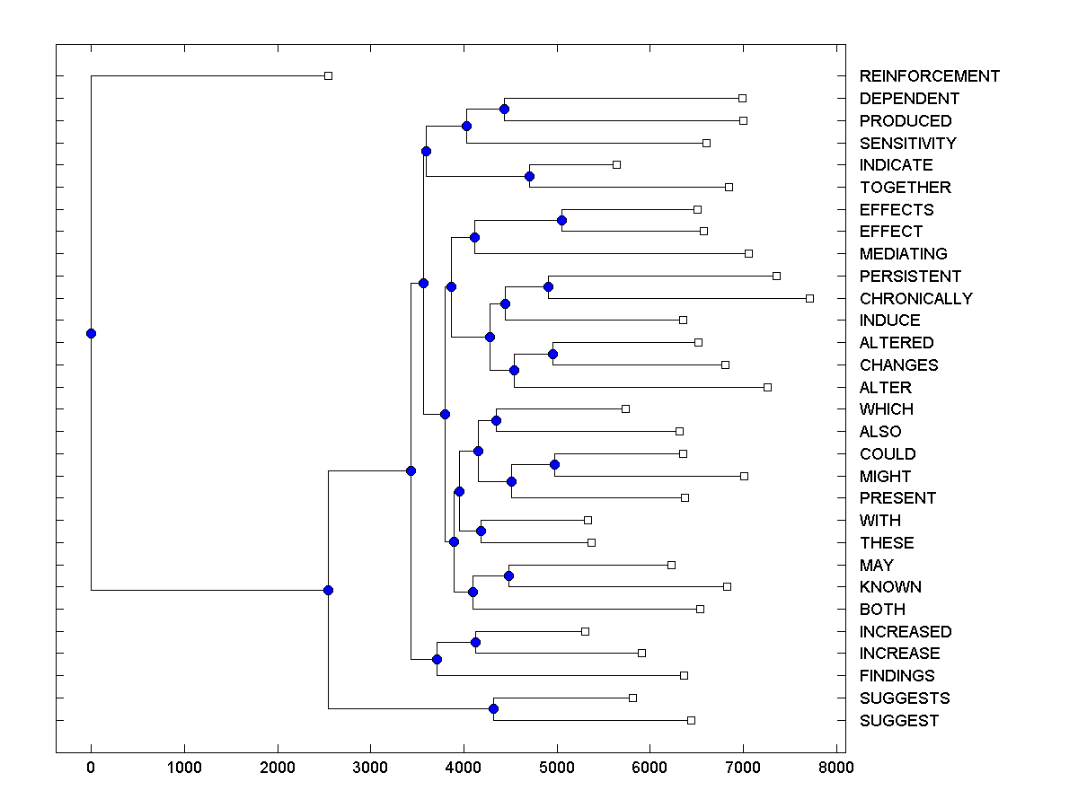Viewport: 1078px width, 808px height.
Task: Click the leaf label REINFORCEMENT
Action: coord(929,76)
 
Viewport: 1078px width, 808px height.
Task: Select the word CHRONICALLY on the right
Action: coord(915,299)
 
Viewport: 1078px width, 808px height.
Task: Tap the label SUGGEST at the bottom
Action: coord(898,721)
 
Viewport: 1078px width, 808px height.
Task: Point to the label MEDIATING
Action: coord(903,254)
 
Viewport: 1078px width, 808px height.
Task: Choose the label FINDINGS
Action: coord(897,676)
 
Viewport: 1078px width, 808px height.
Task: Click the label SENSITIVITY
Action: coord(907,144)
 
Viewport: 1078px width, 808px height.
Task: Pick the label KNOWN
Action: coord(890,587)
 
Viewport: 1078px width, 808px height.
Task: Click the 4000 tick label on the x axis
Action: coord(464,768)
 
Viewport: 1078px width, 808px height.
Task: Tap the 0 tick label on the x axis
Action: coord(91,768)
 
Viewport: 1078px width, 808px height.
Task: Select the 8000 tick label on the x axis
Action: coord(836,768)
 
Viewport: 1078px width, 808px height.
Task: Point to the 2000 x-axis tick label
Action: coord(278,768)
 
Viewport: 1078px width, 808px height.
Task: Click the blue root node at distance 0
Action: coord(91,333)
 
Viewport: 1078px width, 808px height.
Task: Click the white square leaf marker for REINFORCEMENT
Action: coord(328,76)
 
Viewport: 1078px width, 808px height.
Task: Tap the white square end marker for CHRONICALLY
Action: coord(809,298)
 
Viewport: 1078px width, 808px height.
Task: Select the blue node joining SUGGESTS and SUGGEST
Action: coord(493,709)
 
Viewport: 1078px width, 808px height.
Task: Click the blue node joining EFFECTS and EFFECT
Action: coord(561,220)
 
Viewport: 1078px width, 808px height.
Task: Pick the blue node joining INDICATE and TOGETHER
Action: coord(530,176)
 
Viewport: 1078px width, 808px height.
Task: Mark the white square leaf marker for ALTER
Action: coord(767,387)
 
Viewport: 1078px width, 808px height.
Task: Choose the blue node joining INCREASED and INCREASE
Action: coord(475,642)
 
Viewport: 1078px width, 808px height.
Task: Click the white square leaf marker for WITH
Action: coord(588,520)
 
